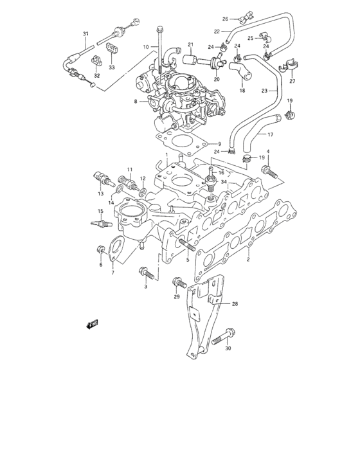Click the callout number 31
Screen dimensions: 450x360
click(85, 33)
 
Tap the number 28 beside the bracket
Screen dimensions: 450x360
click(235, 303)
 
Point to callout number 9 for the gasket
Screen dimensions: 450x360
click(219, 143)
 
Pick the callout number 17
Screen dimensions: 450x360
click(270, 134)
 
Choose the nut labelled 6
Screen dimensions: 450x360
click(100, 249)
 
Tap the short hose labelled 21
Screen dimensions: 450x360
click(190, 61)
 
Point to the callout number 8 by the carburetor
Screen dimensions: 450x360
click(136, 102)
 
